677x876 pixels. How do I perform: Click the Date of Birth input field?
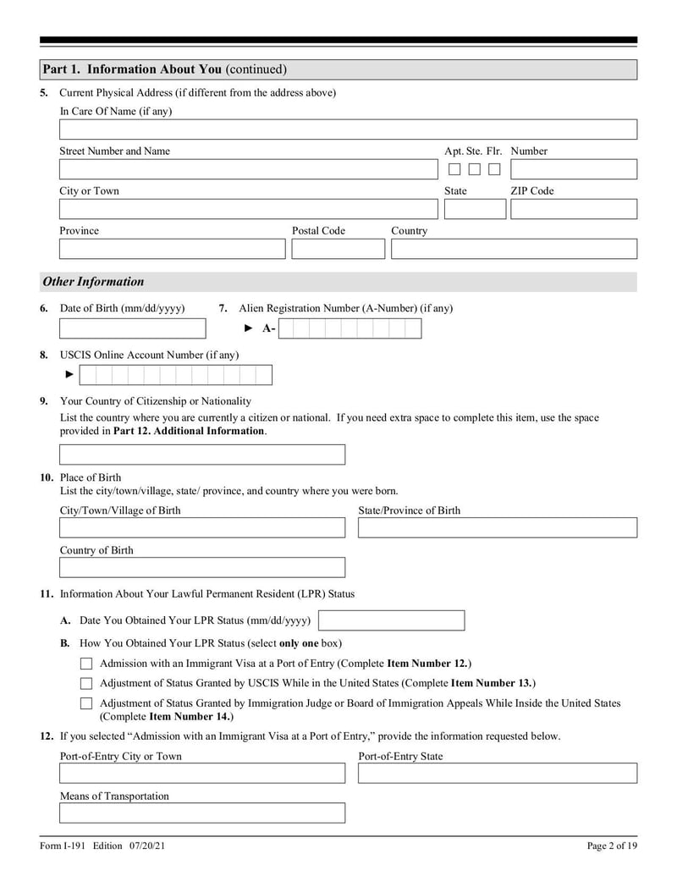click(x=132, y=328)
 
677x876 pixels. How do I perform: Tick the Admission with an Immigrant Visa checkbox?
click(x=86, y=664)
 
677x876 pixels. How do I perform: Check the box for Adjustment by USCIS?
click(x=86, y=683)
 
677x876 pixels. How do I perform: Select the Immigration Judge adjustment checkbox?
click(x=86, y=703)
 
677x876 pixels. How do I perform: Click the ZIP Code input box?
click(x=573, y=209)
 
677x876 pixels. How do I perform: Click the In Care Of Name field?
click(x=348, y=129)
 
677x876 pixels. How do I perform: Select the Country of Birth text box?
click(x=202, y=567)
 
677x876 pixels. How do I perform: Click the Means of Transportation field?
click(x=202, y=813)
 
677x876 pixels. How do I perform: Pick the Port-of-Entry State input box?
click(x=497, y=774)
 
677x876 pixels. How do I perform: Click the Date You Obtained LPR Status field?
click(x=391, y=620)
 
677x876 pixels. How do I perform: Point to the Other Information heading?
click(x=93, y=282)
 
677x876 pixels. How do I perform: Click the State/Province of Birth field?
click(x=497, y=528)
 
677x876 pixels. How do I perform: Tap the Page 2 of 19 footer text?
click(x=612, y=846)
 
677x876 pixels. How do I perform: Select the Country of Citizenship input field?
click(x=202, y=455)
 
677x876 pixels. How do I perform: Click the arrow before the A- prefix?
click(x=249, y=328)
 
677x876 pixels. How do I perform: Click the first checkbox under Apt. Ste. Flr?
click(x=454, y=169)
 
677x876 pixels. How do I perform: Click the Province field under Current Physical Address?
click(x=172, y=249)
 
